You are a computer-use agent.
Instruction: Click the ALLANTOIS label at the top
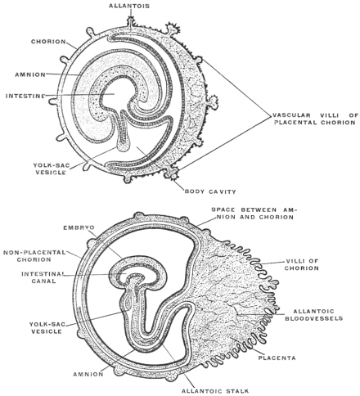pos(129,6)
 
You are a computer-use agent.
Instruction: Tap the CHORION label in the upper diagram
pos(48,42)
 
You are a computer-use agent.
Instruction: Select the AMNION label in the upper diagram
pos(30,74)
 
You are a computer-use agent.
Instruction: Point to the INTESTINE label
pos(25,96)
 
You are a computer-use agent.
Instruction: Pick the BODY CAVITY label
pos(210,191)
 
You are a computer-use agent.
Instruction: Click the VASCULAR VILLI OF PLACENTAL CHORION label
pos(316,119)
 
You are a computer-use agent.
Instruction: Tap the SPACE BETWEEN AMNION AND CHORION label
pos(254,214)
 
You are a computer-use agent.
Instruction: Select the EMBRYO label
pos(79,227)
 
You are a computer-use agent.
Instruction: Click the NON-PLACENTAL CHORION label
pos(34,256)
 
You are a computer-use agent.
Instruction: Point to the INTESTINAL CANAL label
pos(43,277)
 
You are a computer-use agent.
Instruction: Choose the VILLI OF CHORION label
pos(302,264)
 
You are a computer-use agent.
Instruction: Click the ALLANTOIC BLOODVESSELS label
pos(314,315)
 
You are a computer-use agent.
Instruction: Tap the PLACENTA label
pos(277,358)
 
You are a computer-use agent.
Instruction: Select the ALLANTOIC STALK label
pos(215,391)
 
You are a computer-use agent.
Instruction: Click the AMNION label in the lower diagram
pos(88,374)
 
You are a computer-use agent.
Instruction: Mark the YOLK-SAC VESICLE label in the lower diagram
pos(46,328)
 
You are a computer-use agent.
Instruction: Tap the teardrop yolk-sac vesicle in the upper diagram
pos(124,145)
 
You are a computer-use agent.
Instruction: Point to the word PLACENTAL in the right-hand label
pos(295,122)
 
